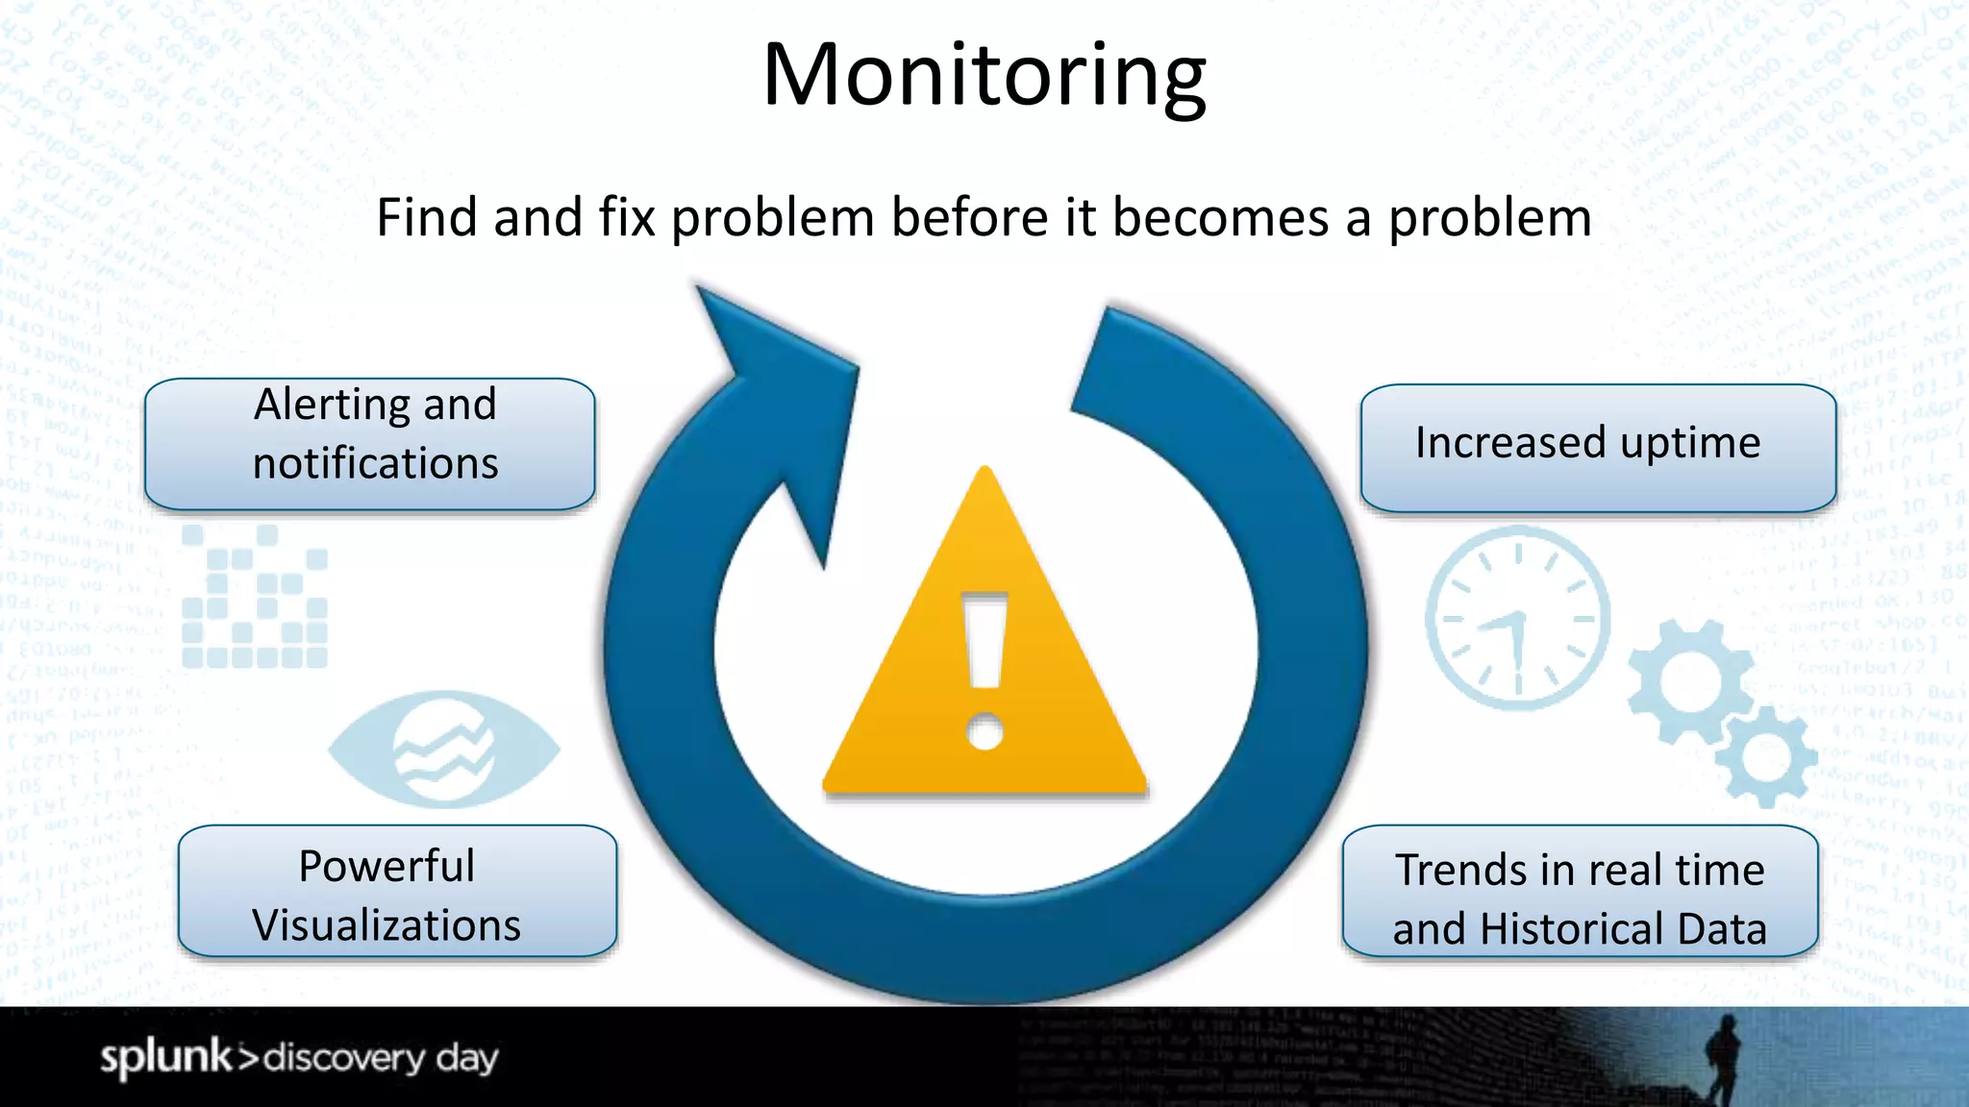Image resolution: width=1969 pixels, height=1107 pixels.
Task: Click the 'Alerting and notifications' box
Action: [x=370, y=443]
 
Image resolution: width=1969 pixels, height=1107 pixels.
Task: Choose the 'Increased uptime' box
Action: [x=1597, y=447]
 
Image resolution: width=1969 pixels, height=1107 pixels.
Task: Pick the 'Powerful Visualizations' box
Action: [x=396, y=891]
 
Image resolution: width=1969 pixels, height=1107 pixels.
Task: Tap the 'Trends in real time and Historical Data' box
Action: [x=1579, y=891]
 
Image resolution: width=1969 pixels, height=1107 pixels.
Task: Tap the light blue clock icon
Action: [x=1517, y=618]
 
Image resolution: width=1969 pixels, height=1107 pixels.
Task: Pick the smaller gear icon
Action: [x=1763, y=756]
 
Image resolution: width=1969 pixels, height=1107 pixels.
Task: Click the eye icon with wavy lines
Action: [x=443, y=749]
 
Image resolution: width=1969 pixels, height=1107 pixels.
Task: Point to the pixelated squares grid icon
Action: [x=255, y=597]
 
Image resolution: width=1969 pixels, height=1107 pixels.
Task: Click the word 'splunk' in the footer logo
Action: [x=166, y=1057]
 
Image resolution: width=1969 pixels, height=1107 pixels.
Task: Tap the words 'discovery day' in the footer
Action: [x=381, y=1058]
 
